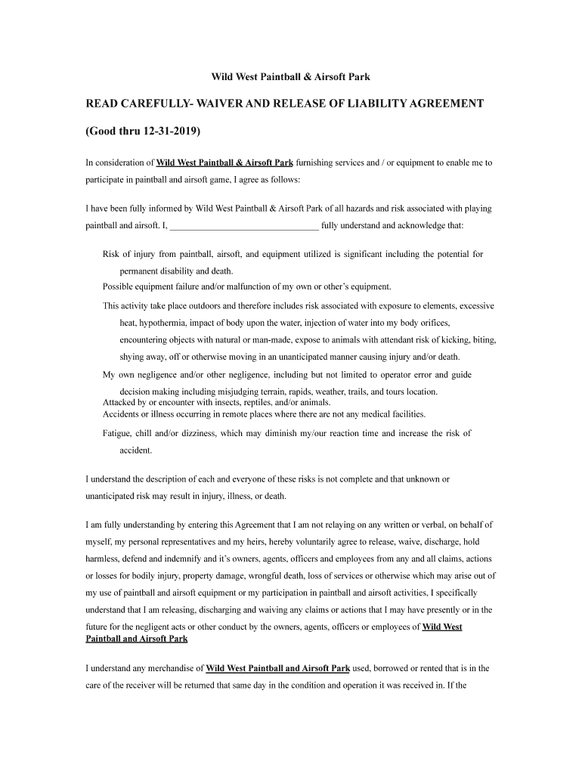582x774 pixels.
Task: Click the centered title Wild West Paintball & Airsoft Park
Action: point(290,77)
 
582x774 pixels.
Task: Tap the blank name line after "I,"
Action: point(244,224)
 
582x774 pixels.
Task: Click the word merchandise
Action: point(177,668)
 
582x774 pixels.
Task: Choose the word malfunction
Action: point(254,286)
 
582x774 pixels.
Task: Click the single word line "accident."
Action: point(136,450)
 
